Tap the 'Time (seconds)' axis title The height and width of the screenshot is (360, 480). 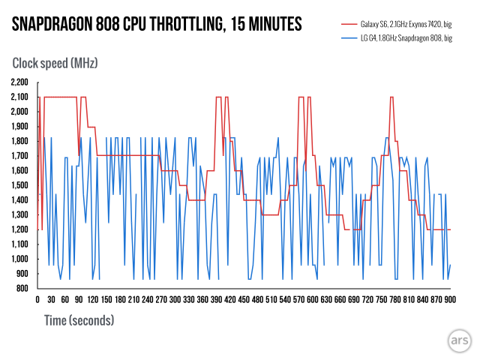click(73, 320)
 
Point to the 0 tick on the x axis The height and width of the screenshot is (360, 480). click(37, 300)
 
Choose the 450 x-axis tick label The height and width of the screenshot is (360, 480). click(244, 300)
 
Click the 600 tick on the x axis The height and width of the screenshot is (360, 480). click(313, 300)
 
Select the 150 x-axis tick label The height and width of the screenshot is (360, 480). click(106, 300)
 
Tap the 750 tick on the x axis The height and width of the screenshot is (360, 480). click(381, 300)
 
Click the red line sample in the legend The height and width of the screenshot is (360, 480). click(346, 25)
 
